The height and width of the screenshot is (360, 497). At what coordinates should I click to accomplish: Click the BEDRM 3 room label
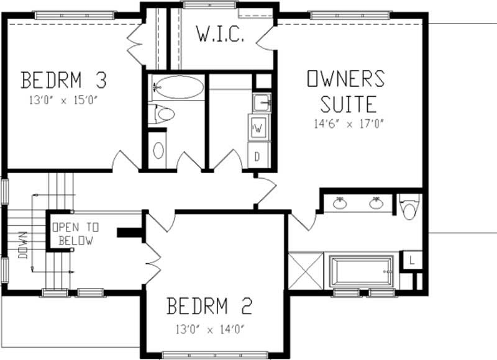(65, 81)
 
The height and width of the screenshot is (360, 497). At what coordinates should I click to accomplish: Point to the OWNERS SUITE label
(346, 89)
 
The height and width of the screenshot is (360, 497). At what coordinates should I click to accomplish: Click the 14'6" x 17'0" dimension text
(350, 123)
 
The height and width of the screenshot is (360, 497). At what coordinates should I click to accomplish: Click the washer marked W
(258, 128)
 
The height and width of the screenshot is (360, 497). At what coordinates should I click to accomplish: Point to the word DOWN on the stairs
(24, 245)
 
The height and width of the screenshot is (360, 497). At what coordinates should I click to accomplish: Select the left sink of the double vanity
(340, 203)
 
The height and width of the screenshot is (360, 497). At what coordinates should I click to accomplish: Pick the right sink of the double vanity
(375, 203)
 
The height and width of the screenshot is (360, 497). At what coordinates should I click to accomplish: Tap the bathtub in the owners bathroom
(362, 271)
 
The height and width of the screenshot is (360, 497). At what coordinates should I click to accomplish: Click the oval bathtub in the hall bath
(178, 88)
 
